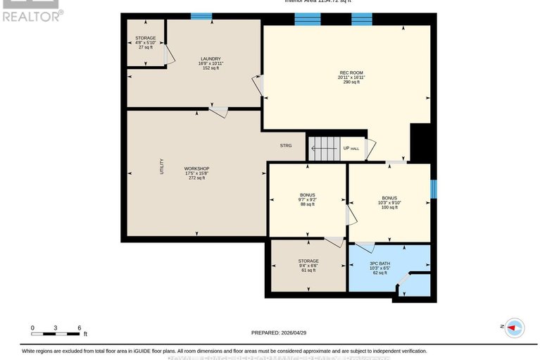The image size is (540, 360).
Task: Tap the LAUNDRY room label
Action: point(211,58)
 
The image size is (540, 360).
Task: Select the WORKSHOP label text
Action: point(196,168)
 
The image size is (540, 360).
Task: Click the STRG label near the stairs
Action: point(285,146)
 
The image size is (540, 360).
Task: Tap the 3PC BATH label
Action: point(379,263)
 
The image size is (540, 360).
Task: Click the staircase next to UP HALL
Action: point(325,148)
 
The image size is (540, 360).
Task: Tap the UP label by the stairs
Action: point(346,149)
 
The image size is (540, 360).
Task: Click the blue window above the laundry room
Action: point(201,15)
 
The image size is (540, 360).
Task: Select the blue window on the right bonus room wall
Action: point(434,189)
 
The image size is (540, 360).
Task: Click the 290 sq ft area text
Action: point(351,82)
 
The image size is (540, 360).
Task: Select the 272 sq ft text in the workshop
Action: point(196,178)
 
